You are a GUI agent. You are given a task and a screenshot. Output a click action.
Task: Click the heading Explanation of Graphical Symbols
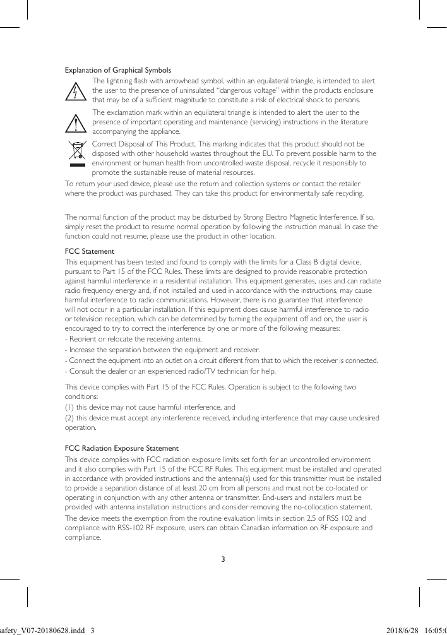point(118,70)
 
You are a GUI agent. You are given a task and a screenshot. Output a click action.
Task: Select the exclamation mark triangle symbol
point(76,122)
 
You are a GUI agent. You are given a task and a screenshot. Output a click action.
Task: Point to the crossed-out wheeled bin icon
point(76,152)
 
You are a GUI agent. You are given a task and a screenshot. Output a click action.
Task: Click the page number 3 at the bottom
point(223,559)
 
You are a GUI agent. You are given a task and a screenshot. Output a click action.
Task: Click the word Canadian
point(256,528)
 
